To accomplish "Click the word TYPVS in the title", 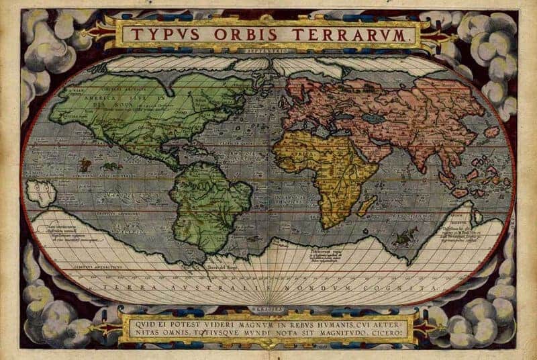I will point(158,34).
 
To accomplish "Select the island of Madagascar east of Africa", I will point(367,204).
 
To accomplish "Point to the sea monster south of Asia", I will point(403,236).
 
